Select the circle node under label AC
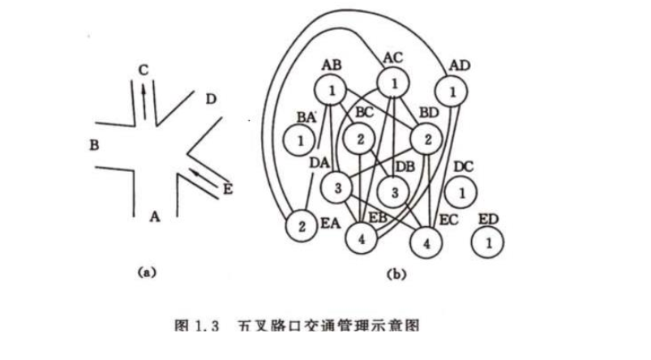coord(393,83)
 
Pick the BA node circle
coord(300,141)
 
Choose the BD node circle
coord(425,139)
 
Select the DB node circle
coord(393,192)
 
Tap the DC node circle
coord(461,193)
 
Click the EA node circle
coord(302,225)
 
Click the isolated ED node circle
coord(489,241)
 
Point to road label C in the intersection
coord(143,71)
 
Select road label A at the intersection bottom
coord(154,216)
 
